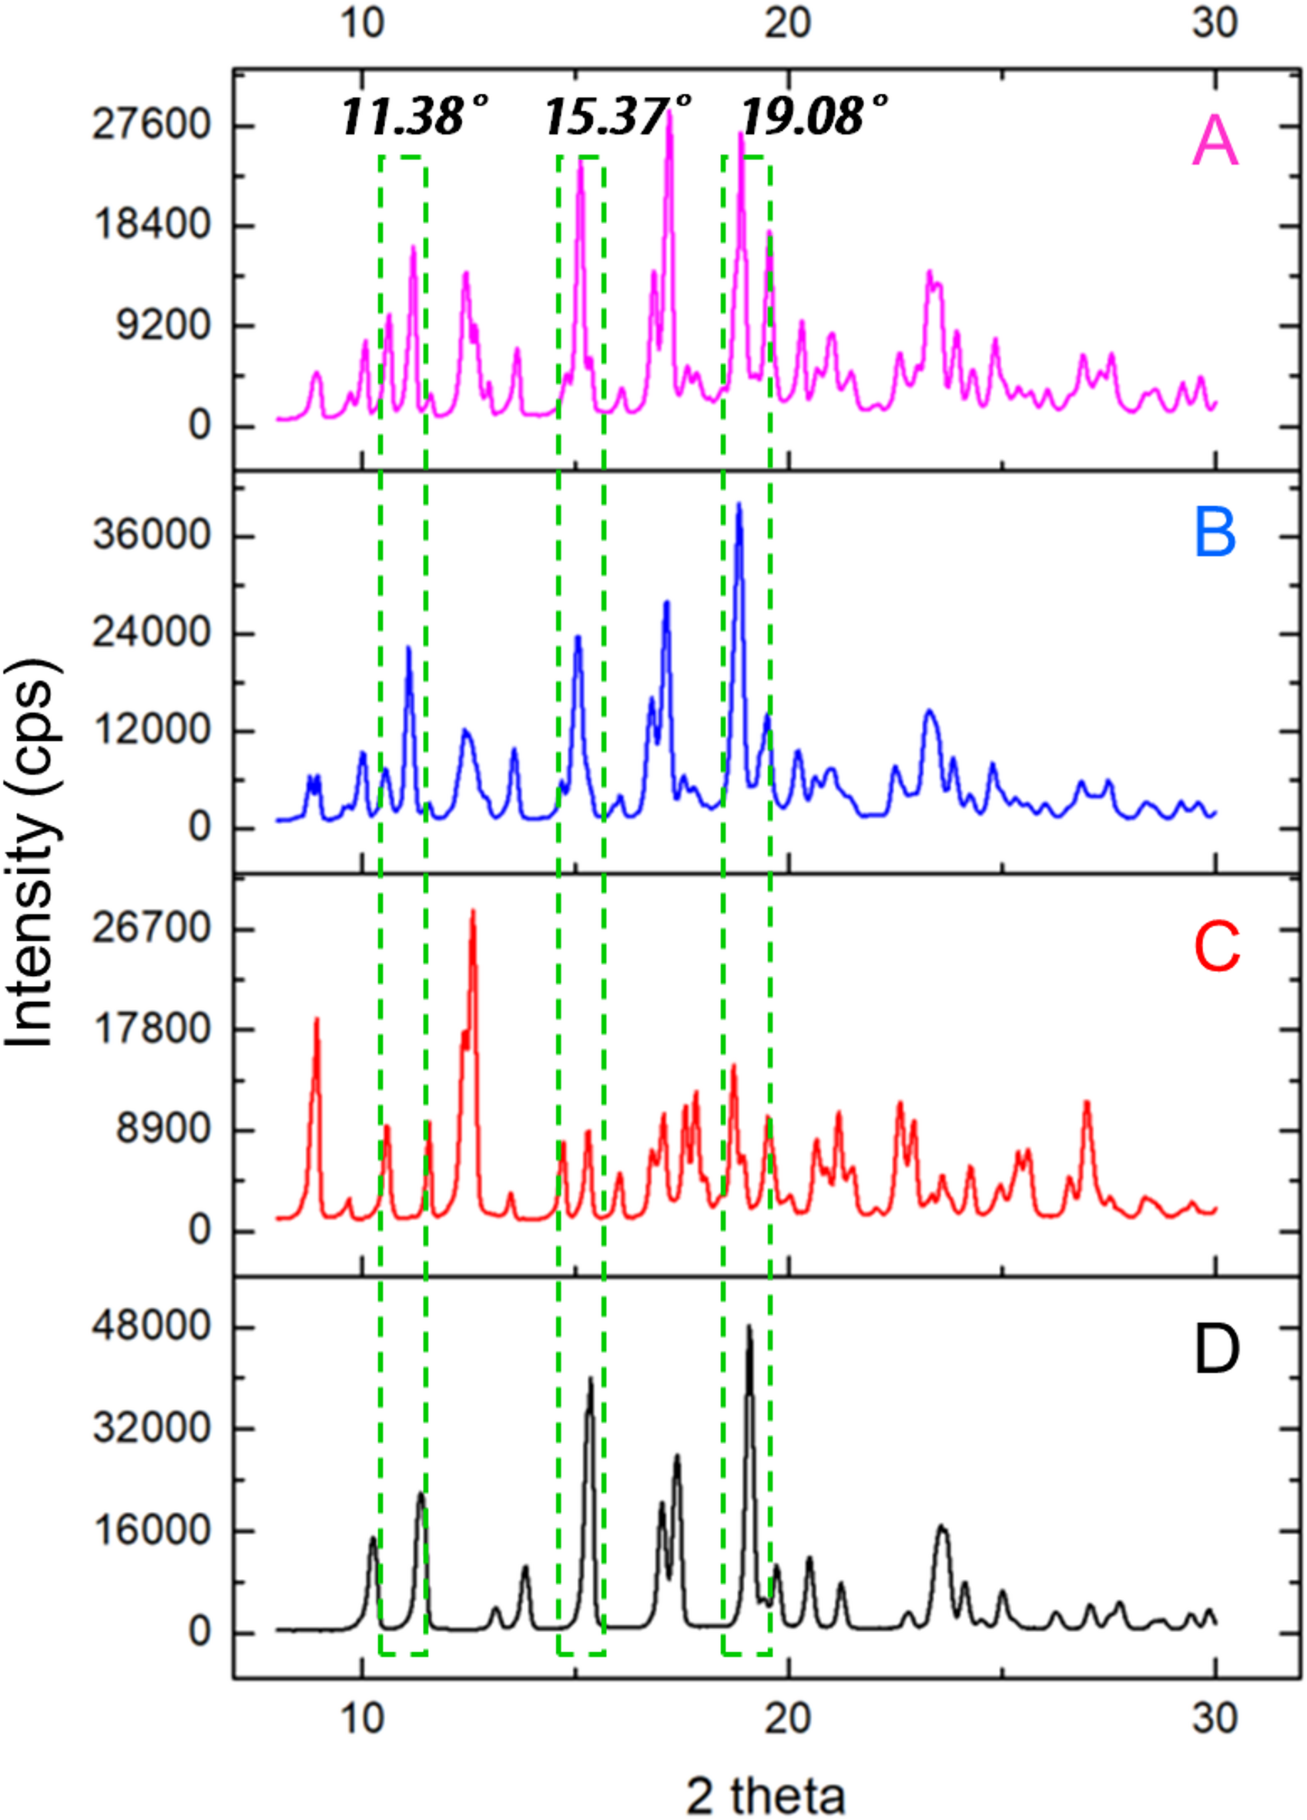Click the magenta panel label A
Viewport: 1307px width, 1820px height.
point(1215,141)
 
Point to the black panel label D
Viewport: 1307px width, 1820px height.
point(1216,1349)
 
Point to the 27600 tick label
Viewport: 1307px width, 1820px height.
point(151,126)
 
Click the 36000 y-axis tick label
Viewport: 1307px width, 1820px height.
point(151,536)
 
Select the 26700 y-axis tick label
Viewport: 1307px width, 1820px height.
point(151,930)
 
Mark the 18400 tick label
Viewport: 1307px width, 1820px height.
point(151,226)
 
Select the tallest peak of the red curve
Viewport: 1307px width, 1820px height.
point(474,912)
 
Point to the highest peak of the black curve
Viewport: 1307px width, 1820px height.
point(749,1326)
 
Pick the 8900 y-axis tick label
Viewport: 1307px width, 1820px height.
point(161,1130)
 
